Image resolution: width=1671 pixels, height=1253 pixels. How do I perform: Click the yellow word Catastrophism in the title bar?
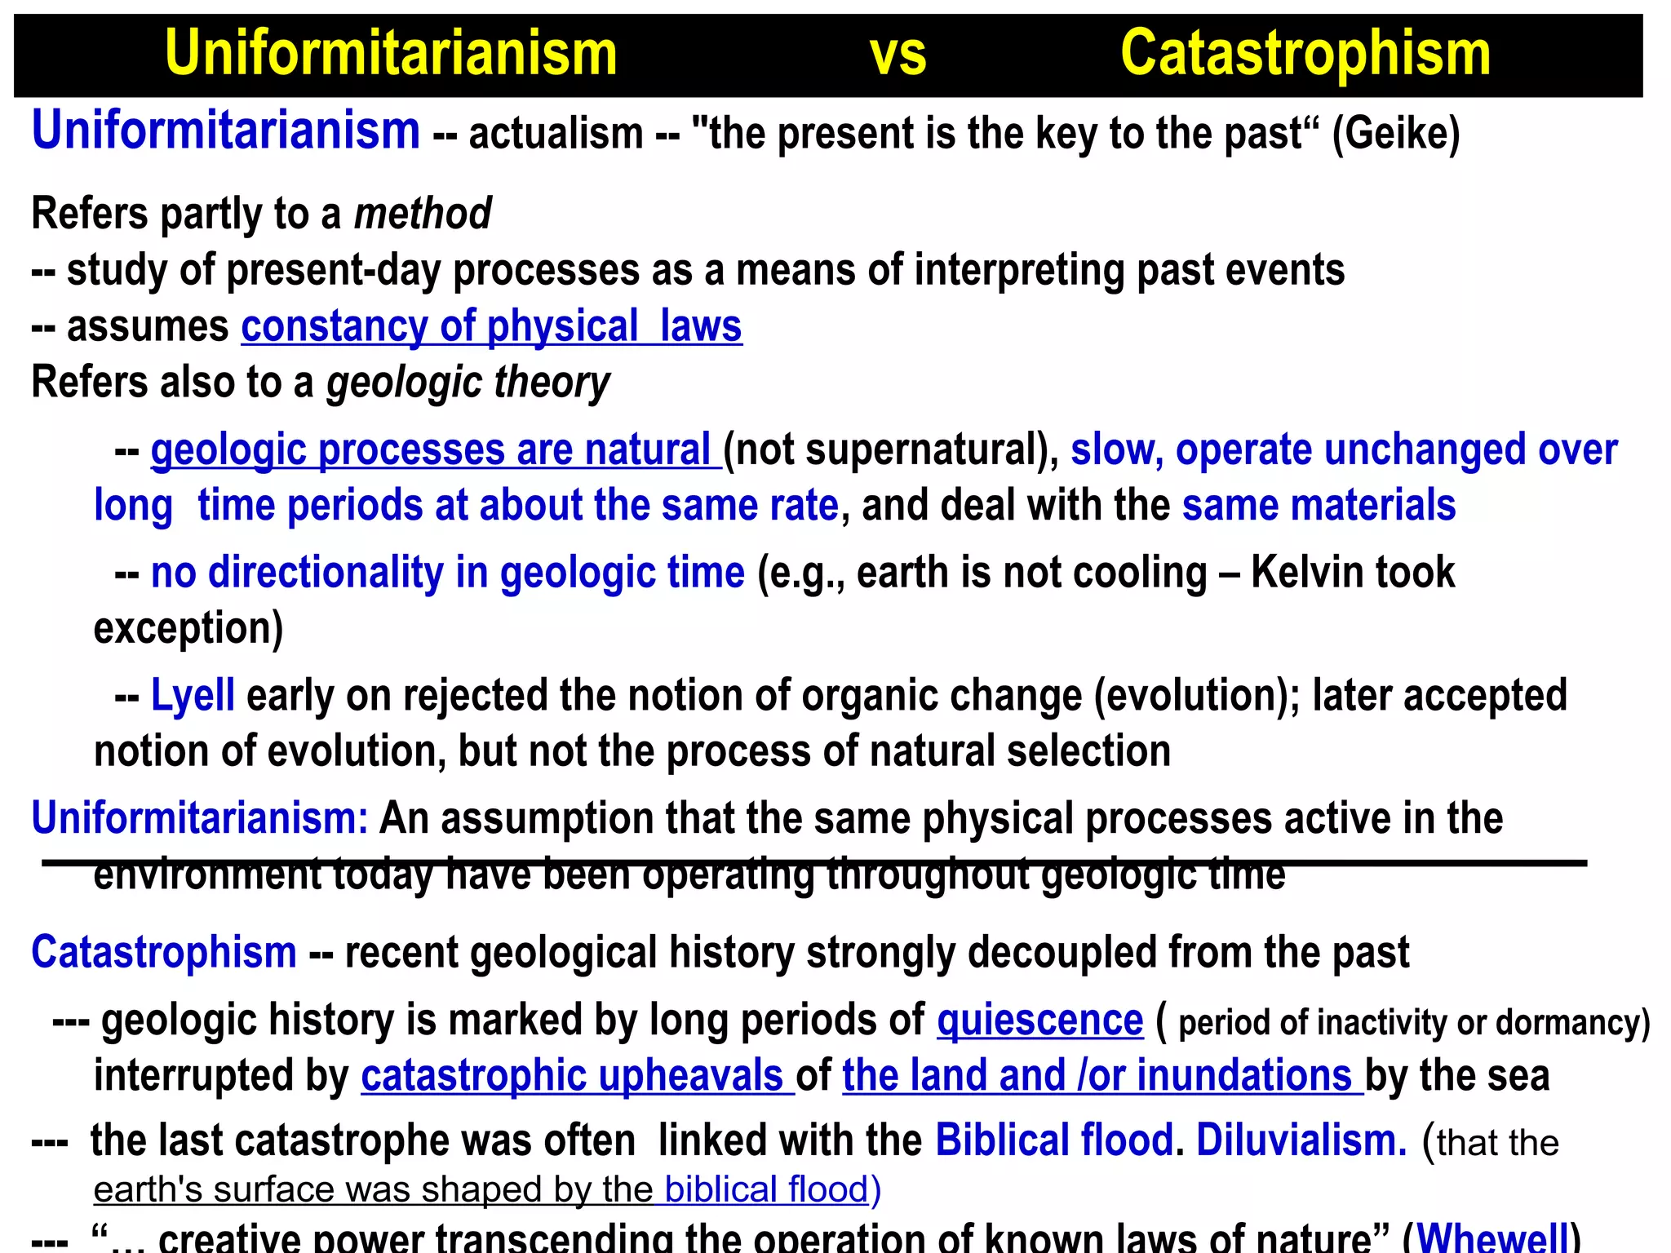(1305, 54)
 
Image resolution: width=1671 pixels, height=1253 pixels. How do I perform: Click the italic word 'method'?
(423, 214)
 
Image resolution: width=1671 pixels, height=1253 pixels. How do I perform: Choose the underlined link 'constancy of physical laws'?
(491, 326)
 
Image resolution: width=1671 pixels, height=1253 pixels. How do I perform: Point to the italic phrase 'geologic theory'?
(468, 383)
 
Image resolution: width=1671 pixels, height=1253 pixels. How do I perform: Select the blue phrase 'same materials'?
(1319, 506)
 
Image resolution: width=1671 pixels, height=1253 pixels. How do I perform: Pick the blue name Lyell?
(193, 696)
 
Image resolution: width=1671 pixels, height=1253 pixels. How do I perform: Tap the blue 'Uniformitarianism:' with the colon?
(200, 818)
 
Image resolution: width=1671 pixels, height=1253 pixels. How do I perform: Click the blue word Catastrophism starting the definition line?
(164, 952)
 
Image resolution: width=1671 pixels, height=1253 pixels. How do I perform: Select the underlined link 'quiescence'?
(1039, 1021)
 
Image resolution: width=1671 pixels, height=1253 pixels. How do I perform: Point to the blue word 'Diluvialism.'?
(1301, 1140)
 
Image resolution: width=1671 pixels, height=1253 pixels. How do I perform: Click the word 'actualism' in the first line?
(556, 134)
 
